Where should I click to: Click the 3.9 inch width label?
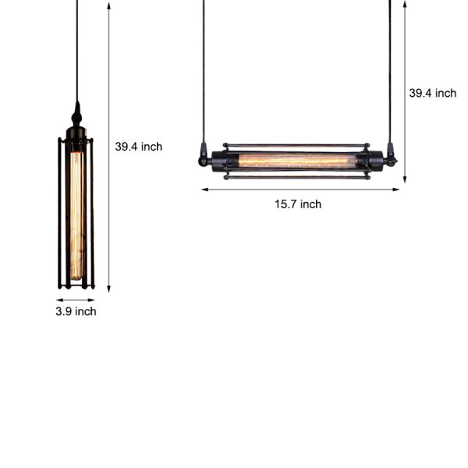[76, 311]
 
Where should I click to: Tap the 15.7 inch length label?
[297, 204]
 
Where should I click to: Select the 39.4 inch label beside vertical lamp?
[139, 146]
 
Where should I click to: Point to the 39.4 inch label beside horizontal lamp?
[433, 93]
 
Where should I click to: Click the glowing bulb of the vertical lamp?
[76, 214]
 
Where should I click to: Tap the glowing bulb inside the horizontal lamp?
[296, 160]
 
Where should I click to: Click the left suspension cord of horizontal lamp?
[203, 70]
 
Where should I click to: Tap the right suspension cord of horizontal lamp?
[390, 70]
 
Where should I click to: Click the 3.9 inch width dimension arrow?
[76, 299]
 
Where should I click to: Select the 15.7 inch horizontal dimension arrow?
[300, 189]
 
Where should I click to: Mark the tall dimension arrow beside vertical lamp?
[108, 144]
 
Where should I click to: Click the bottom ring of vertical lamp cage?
[76, 286]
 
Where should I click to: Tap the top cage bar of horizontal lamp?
[296, 145]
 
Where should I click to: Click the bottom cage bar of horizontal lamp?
[296, 177]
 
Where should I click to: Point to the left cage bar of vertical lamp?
[60, 211]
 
